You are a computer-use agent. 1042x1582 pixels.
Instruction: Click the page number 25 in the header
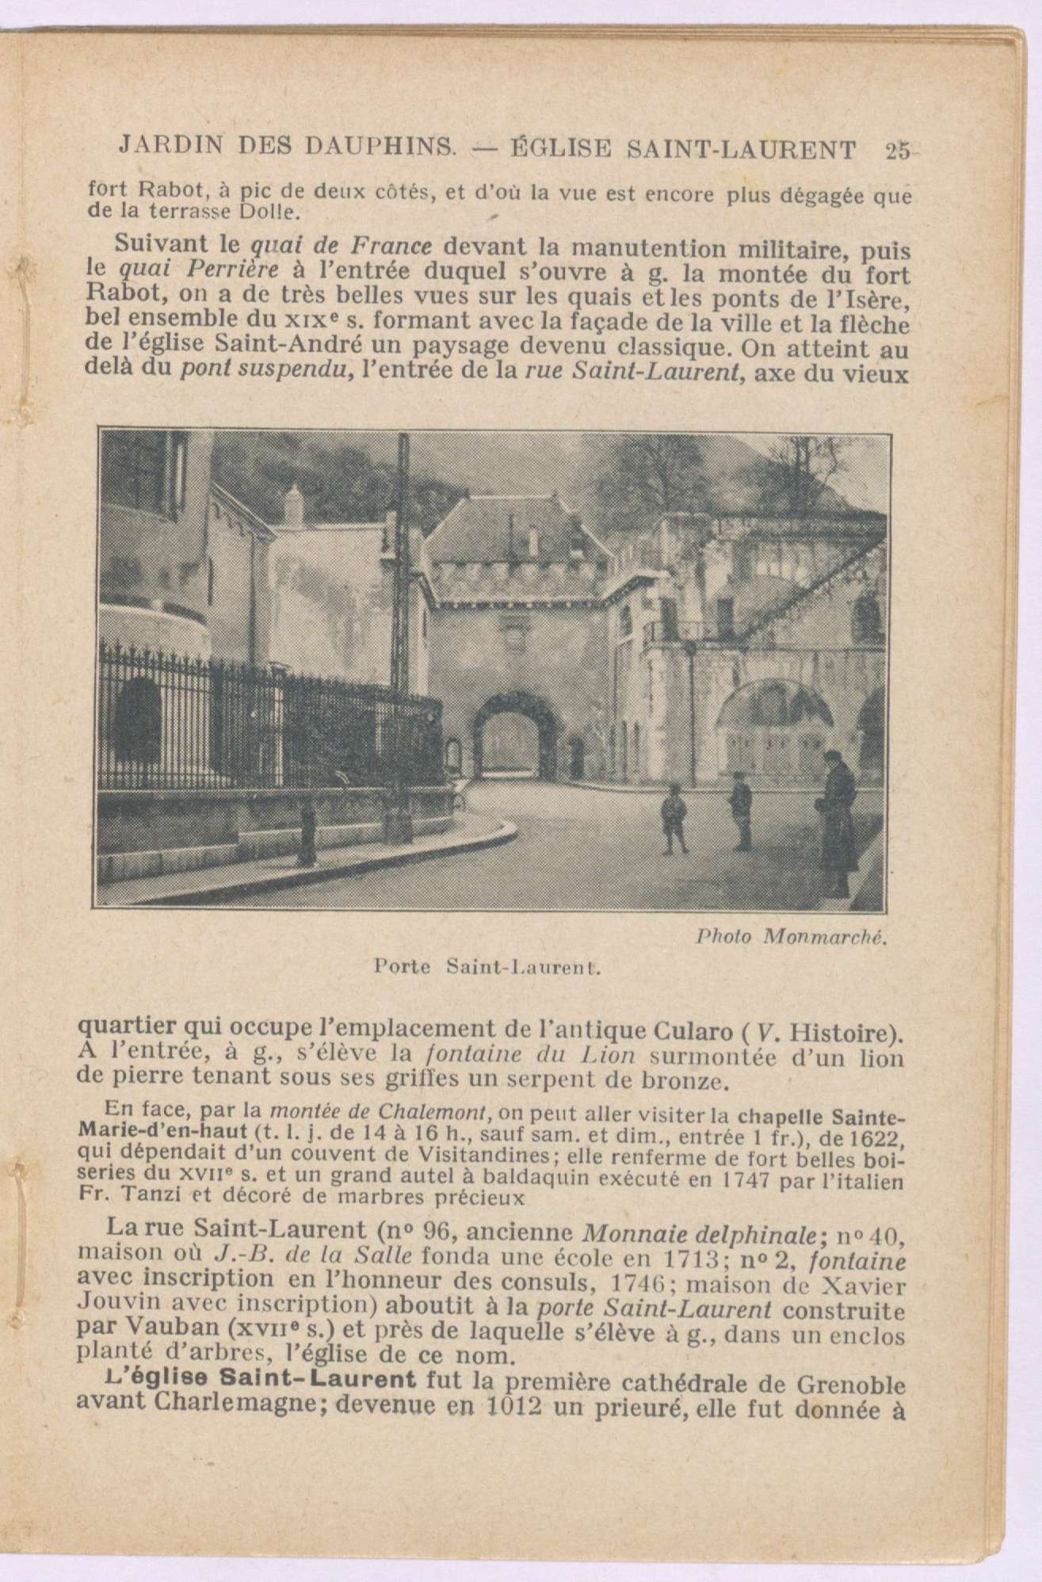point(899,150)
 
